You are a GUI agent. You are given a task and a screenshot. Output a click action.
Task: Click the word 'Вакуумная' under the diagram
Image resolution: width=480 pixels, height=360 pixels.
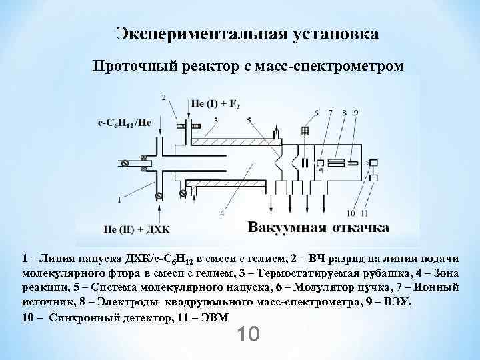point(287,229)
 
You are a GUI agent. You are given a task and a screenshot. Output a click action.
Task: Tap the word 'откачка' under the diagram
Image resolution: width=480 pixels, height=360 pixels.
point(360,229)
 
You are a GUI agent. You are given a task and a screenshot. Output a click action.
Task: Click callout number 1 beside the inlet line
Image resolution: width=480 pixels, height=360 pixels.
point(118,198)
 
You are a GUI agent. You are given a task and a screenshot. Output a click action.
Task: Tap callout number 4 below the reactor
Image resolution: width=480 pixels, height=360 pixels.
point(222,213)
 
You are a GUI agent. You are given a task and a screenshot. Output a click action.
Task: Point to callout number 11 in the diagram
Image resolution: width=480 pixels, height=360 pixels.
point(365,213)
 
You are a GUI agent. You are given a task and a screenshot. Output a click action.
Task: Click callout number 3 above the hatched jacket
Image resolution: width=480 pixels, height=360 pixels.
point(216,120)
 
